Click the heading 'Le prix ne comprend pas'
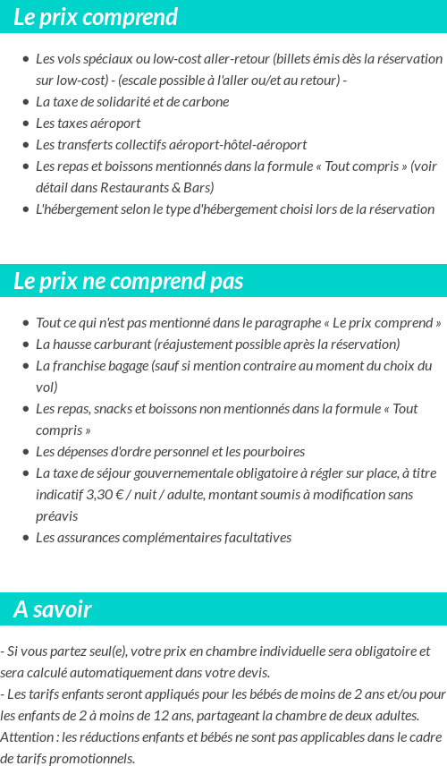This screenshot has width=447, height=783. [128, 281]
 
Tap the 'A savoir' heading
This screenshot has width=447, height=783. [52, 609]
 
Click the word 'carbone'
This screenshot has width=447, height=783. [207, 101]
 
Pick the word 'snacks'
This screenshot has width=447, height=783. [121, 409]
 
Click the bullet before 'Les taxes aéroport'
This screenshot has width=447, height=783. [25, 123]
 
